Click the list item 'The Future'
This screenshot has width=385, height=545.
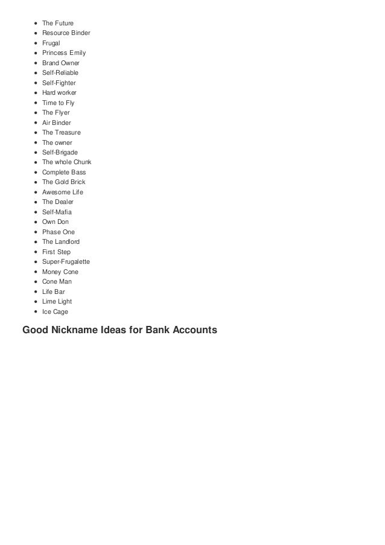[x=57, y=23]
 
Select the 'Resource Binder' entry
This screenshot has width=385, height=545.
[x=66, y=33]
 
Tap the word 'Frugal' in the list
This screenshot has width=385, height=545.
[x=51, y=43]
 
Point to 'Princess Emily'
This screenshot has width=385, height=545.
[x=63, y=53]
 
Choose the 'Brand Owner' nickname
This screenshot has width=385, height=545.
[x=60, y=63]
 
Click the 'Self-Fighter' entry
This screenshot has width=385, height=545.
[x=59, y=83]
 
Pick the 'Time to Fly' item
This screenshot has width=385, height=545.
[x=58, y=103]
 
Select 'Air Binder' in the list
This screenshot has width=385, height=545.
[x=57, y=123]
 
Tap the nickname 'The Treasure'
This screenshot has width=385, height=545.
[x=61, y=132]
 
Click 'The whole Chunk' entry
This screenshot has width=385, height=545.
[x=66, y=162]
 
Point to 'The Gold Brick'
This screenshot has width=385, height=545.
[x=63, y=182]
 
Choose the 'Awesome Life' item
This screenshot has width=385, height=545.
[x=62, y=192]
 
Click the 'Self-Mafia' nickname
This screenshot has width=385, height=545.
[x=57, y=212]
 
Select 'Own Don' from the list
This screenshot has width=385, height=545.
[x=55, y=222]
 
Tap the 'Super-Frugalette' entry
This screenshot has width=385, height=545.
[x=66, y=261]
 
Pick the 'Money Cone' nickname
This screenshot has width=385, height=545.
[x=60, y=272]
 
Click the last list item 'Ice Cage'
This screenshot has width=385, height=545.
[x=55, y=311]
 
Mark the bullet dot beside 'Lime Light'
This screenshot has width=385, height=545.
[x=36, y=302]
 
